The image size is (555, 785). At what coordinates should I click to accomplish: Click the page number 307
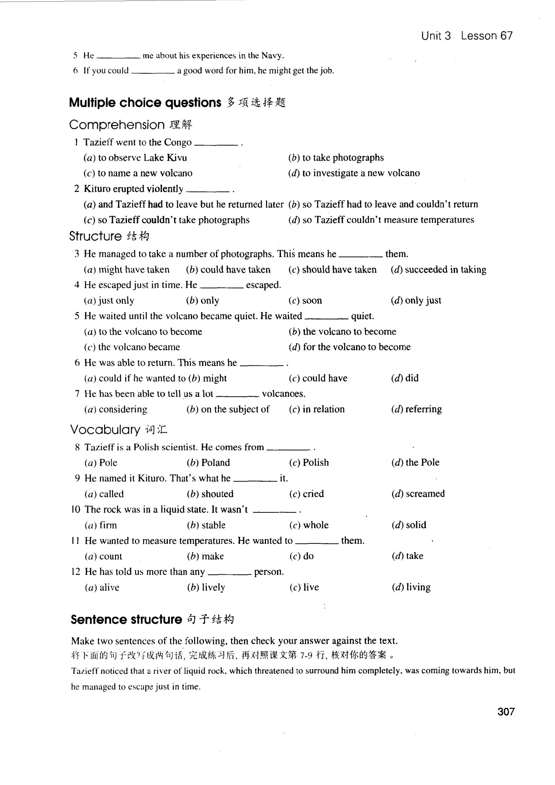[506, 712]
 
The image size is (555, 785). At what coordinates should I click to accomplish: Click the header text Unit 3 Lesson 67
[466, 36]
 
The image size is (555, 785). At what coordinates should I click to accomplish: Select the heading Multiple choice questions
[145, 102]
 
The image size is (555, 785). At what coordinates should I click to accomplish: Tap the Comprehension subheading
[117, 125]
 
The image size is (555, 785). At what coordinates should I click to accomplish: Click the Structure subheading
[96, 236]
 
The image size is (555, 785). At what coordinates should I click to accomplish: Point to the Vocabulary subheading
[105, 430]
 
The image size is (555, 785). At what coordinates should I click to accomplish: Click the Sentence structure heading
[126, 619]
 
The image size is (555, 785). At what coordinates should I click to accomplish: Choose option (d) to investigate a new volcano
[354, 173]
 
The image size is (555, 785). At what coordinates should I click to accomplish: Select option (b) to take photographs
[336, 157]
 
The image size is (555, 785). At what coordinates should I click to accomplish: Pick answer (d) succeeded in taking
[438, 270]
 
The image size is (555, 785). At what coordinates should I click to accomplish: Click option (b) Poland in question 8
[208, 462]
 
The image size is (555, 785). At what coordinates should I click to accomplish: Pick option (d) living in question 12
[411, 587]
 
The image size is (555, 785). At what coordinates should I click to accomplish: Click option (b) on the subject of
[228, 409]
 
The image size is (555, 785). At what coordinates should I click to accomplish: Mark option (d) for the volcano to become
[349, 347]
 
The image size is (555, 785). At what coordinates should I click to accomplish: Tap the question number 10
[75, 509]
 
